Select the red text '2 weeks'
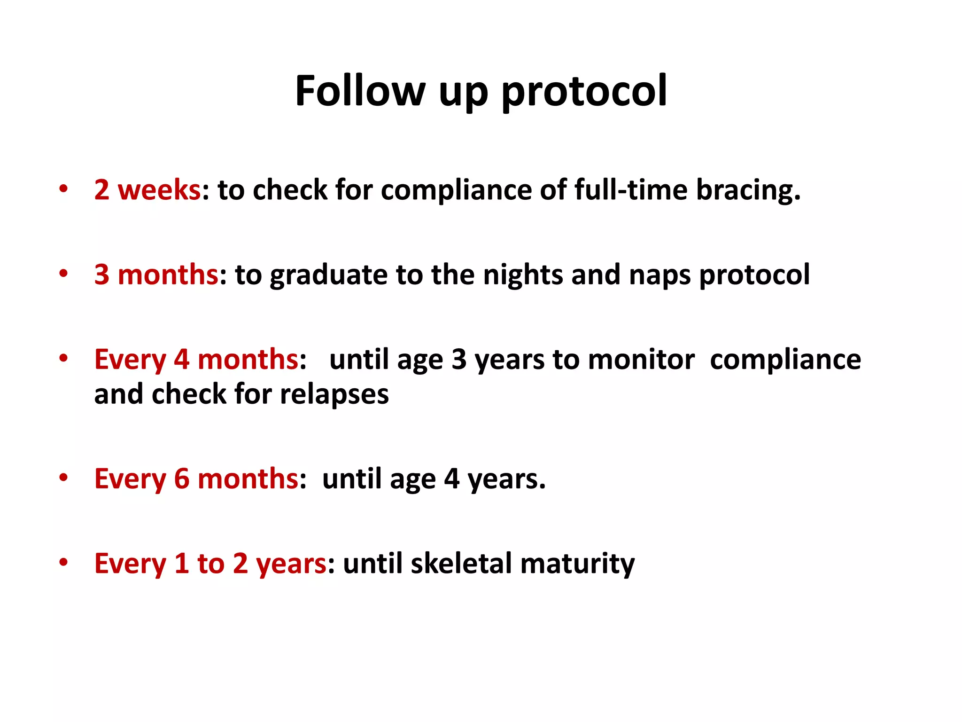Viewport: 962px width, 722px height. tap(147, 190)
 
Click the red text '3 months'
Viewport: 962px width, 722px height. tap(156, 275)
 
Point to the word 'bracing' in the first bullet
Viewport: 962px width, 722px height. tap(747, 190)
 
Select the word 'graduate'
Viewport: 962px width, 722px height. tap(328, 275)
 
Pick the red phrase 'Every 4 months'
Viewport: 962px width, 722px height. tap(196, 360)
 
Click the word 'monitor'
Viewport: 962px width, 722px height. tap(641, 360)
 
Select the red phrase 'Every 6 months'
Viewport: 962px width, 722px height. tap(196, 479)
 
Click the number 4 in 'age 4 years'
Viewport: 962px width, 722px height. tap(451, 479)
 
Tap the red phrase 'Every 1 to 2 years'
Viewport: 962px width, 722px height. tap(210, 564)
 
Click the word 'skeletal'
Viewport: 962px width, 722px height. tap(461, 564)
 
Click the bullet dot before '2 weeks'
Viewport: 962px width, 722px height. tap(63, 189)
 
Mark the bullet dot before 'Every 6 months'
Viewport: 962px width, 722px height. tap(63, 478)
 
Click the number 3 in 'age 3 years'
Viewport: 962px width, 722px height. tap(458, 360)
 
